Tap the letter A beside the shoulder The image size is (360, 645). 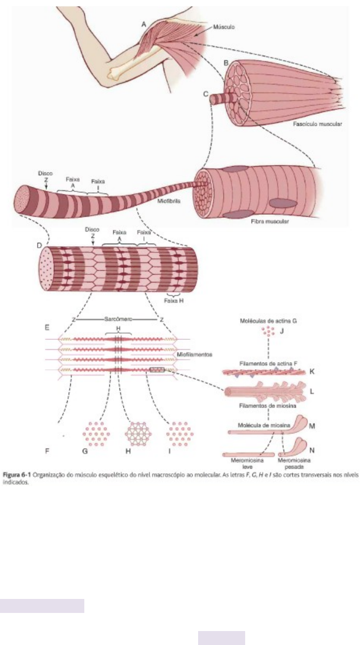(x=143, y=24)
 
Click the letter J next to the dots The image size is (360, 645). (x=282, y=331)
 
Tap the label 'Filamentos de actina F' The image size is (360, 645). (x=270, y=364)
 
